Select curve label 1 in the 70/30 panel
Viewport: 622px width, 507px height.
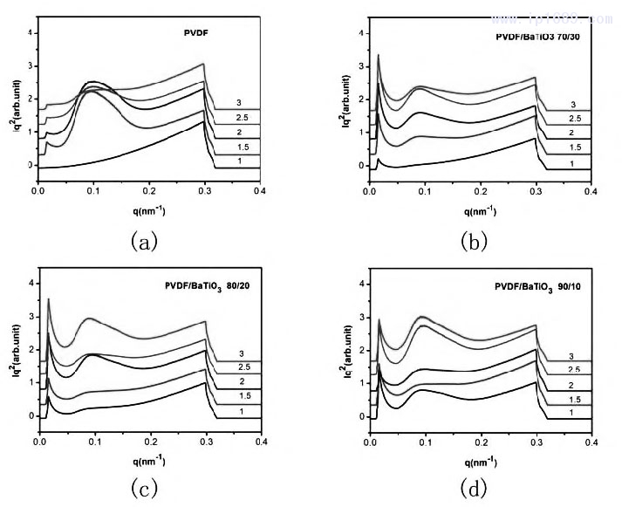point(572,163)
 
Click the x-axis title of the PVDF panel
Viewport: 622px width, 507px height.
point(149,209)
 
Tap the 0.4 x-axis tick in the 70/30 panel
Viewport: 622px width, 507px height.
point(591,189)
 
